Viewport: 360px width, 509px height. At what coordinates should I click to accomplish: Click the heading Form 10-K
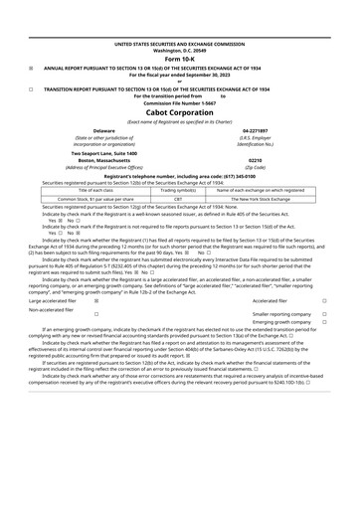click(x=179, y=59)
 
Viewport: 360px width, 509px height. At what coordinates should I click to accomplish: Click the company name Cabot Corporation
click(x=179, y=111)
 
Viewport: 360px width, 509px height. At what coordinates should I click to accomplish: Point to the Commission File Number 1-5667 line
click(x=179, y=102)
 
